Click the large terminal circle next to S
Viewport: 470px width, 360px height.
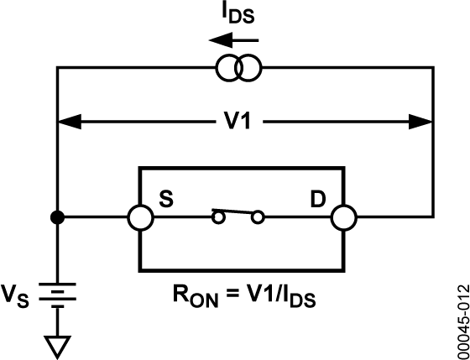point(139,219)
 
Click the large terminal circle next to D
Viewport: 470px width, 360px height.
point(342,219)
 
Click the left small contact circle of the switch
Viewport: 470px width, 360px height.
point(218,219)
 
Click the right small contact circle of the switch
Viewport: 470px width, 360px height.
point(258,219)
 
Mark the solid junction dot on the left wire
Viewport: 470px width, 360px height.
point(57,219)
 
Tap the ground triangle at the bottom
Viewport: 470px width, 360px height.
point(57,343)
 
